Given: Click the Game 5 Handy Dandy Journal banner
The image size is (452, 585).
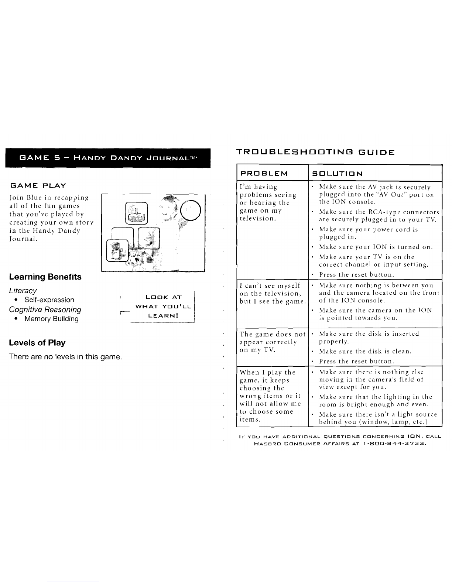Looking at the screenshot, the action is coord(108,158).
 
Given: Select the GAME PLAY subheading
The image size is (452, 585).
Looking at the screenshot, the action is coord(38,186).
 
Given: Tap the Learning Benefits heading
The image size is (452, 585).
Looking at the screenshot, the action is coord(45,277).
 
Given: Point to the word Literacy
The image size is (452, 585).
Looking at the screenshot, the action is coord(23,291).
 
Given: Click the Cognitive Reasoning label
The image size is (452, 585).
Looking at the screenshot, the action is coord(45,309).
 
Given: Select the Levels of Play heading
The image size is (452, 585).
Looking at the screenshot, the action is coord(37,343).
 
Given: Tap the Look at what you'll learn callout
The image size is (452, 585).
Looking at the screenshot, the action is coord(163,307).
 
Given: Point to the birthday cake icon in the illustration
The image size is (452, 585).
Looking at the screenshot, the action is coord(137,213).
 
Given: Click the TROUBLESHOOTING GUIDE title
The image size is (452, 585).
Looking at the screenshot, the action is coord(315,153).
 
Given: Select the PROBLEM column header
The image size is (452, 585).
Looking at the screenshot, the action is coord(264,173).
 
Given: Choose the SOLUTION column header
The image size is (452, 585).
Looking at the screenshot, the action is coord(337,174).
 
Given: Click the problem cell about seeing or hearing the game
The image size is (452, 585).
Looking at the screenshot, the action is coord(268,202).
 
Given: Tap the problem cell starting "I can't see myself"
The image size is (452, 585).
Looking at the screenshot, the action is coord(273,294).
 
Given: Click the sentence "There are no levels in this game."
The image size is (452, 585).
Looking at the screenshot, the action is coord(65,357).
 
